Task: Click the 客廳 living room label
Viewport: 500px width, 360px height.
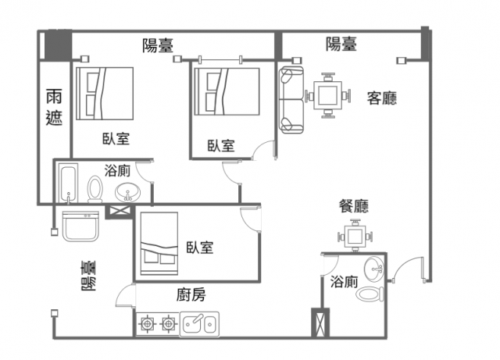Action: pos(381,98)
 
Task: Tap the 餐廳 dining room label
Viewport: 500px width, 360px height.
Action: pos(353,206)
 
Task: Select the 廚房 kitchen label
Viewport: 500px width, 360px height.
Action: pos(191,294)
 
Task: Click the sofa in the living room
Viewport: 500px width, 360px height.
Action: pos(291,99)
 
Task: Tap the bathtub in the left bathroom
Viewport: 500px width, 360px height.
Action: pos(68,184)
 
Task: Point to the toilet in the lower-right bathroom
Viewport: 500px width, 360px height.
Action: pos(368,294)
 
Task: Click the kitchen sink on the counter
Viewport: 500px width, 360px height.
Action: pos(201,323)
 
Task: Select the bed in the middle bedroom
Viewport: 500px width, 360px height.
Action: pos(227,92)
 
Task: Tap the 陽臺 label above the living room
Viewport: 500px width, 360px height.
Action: pos(341,45)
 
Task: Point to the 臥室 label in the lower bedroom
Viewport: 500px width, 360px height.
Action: pos(200,248)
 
